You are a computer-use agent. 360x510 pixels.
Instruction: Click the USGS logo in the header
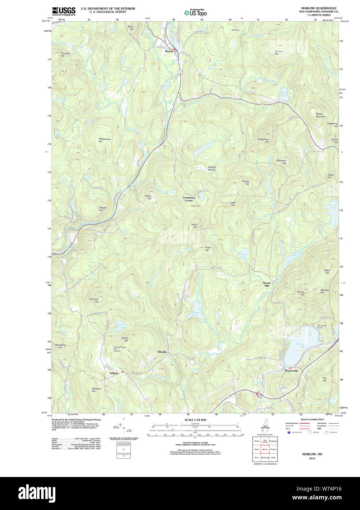[x=63, y=11]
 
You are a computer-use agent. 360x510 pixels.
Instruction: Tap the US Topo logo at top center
[x=196, y=13]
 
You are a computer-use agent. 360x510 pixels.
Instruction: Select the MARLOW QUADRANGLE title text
[x=319, y=8]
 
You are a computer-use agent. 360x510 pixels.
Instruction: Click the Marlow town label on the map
[x=169, y=51]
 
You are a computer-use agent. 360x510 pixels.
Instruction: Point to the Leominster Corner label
[x=189, y=199]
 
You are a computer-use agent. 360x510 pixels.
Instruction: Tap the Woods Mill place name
[x=267, y=284]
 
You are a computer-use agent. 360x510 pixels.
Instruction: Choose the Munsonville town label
[x=291, y=371]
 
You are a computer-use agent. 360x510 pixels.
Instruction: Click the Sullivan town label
[x=114, y=373]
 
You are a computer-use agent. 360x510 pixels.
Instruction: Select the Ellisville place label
[x=162, y=352]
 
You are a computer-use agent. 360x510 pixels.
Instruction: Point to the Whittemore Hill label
[x=104, y=140]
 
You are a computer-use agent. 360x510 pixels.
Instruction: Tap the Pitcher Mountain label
[x=320, y=115]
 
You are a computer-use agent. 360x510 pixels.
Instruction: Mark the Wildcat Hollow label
[x=212, y=168]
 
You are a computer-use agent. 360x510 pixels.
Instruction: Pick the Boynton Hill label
[x=94, y=300]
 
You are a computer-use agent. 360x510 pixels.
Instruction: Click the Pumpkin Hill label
[x=65, y=54]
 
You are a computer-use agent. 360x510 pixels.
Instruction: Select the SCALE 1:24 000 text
[x=195, y=420]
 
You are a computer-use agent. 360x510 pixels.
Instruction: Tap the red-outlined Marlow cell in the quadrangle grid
[x=265, y=449]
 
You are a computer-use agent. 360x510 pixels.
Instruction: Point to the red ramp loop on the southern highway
[x=259, y=395]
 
